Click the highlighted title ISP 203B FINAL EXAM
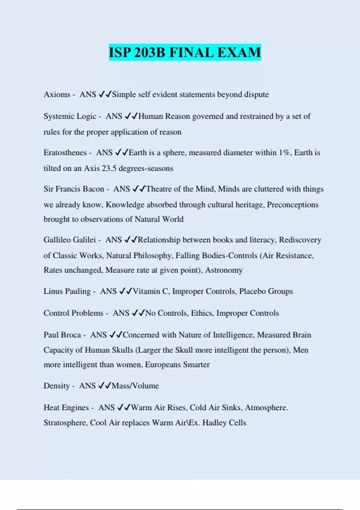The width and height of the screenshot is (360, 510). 184,52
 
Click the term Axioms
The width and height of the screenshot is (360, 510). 57,94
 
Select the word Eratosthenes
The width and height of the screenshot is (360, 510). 65,153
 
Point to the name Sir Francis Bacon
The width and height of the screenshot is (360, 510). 74,189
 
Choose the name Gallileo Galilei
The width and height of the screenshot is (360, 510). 70,240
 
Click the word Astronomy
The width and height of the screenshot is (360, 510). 224,270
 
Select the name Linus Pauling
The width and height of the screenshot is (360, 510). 67,291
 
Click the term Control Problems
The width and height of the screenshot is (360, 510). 73,313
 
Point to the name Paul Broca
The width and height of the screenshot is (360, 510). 62,335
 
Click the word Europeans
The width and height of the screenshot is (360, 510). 163,365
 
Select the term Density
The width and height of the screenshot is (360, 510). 56,386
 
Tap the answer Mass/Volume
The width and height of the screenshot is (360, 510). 135,386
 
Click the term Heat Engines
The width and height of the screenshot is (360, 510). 66,408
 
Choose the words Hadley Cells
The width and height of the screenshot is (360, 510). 224,423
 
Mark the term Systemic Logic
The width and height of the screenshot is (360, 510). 70,116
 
